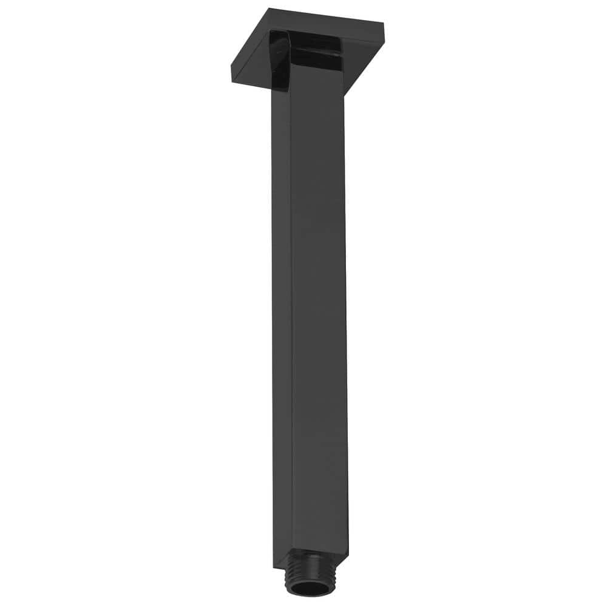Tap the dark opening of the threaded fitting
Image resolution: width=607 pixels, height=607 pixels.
click(310, 587)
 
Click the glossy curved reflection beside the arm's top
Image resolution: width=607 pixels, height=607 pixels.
click(280, 61)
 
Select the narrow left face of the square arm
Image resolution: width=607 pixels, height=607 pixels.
click(282, 303)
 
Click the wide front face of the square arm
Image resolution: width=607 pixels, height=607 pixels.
click(319, 303)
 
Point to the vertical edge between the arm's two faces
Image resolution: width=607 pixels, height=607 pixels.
click(292, 303)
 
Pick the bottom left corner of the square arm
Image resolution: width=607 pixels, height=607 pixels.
click(274, 566)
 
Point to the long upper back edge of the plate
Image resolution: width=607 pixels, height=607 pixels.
click(328, 16)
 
